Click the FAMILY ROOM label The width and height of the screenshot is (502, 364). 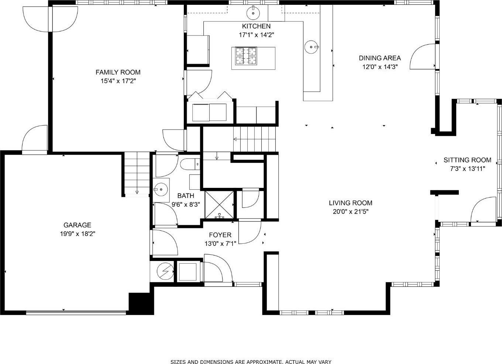[x=118, y=72]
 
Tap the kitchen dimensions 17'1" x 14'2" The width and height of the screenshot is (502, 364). [x=257, y=35]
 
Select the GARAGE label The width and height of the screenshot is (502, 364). [x=77, y=225]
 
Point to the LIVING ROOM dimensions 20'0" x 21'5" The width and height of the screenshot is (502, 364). [x=351, y=212]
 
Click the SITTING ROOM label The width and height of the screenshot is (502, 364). [x=467, y=160]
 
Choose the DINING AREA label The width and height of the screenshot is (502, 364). [x=379, y=58]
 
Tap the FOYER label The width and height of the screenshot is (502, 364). [x=220, y=235]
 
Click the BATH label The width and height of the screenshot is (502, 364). [x=186, y=196]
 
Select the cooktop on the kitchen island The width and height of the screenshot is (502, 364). [x=246, y=56]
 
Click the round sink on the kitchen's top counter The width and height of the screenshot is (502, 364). [x=253, y=13]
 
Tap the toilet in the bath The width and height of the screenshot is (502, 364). [x=190, y=164]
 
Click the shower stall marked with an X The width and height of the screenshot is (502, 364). [x=219, y=205]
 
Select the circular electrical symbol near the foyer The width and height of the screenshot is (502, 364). [x=165, y=271]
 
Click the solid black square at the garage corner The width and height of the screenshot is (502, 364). [x=141, y=304]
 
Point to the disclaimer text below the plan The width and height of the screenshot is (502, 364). [x=251, y=361]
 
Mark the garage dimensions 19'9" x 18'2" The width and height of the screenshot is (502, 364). [x=78, y=234]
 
